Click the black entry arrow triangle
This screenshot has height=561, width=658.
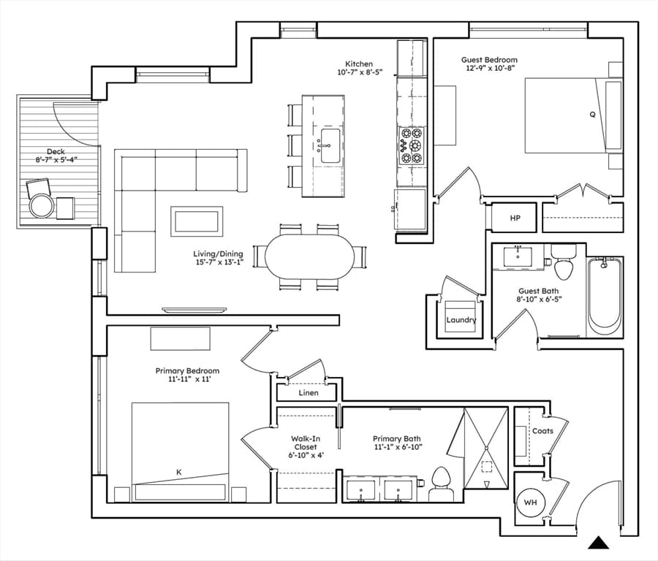[x=598, y=543]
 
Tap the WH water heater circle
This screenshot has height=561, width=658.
[x=531, y=503]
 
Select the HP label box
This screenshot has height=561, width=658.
[x=515, y=218]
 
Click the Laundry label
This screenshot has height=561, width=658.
[x=461, y=320]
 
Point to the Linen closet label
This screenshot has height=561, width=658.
[x=309, y=393]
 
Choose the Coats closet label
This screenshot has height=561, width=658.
[x=542, y=430]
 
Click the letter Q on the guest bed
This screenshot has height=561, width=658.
[x=592, y=114]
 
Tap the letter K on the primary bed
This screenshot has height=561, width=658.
[x=179, y=472]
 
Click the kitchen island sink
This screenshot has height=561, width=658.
[x=330, y=146]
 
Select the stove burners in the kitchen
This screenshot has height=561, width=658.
[x=411, y=145]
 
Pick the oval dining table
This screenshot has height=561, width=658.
[x=309, y=256]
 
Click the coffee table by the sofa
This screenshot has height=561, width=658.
[x=197, y=221]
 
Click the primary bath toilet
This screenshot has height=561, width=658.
[x=441, y=484]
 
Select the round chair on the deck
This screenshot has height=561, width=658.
[x=42, y=205]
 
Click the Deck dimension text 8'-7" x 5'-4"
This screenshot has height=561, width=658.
[x=56, y=159]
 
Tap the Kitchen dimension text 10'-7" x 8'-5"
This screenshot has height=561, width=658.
[x=360, y=72]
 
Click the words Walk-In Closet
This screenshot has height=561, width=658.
[x=305, y=443]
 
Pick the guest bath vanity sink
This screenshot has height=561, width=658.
[x=518, y=256]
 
